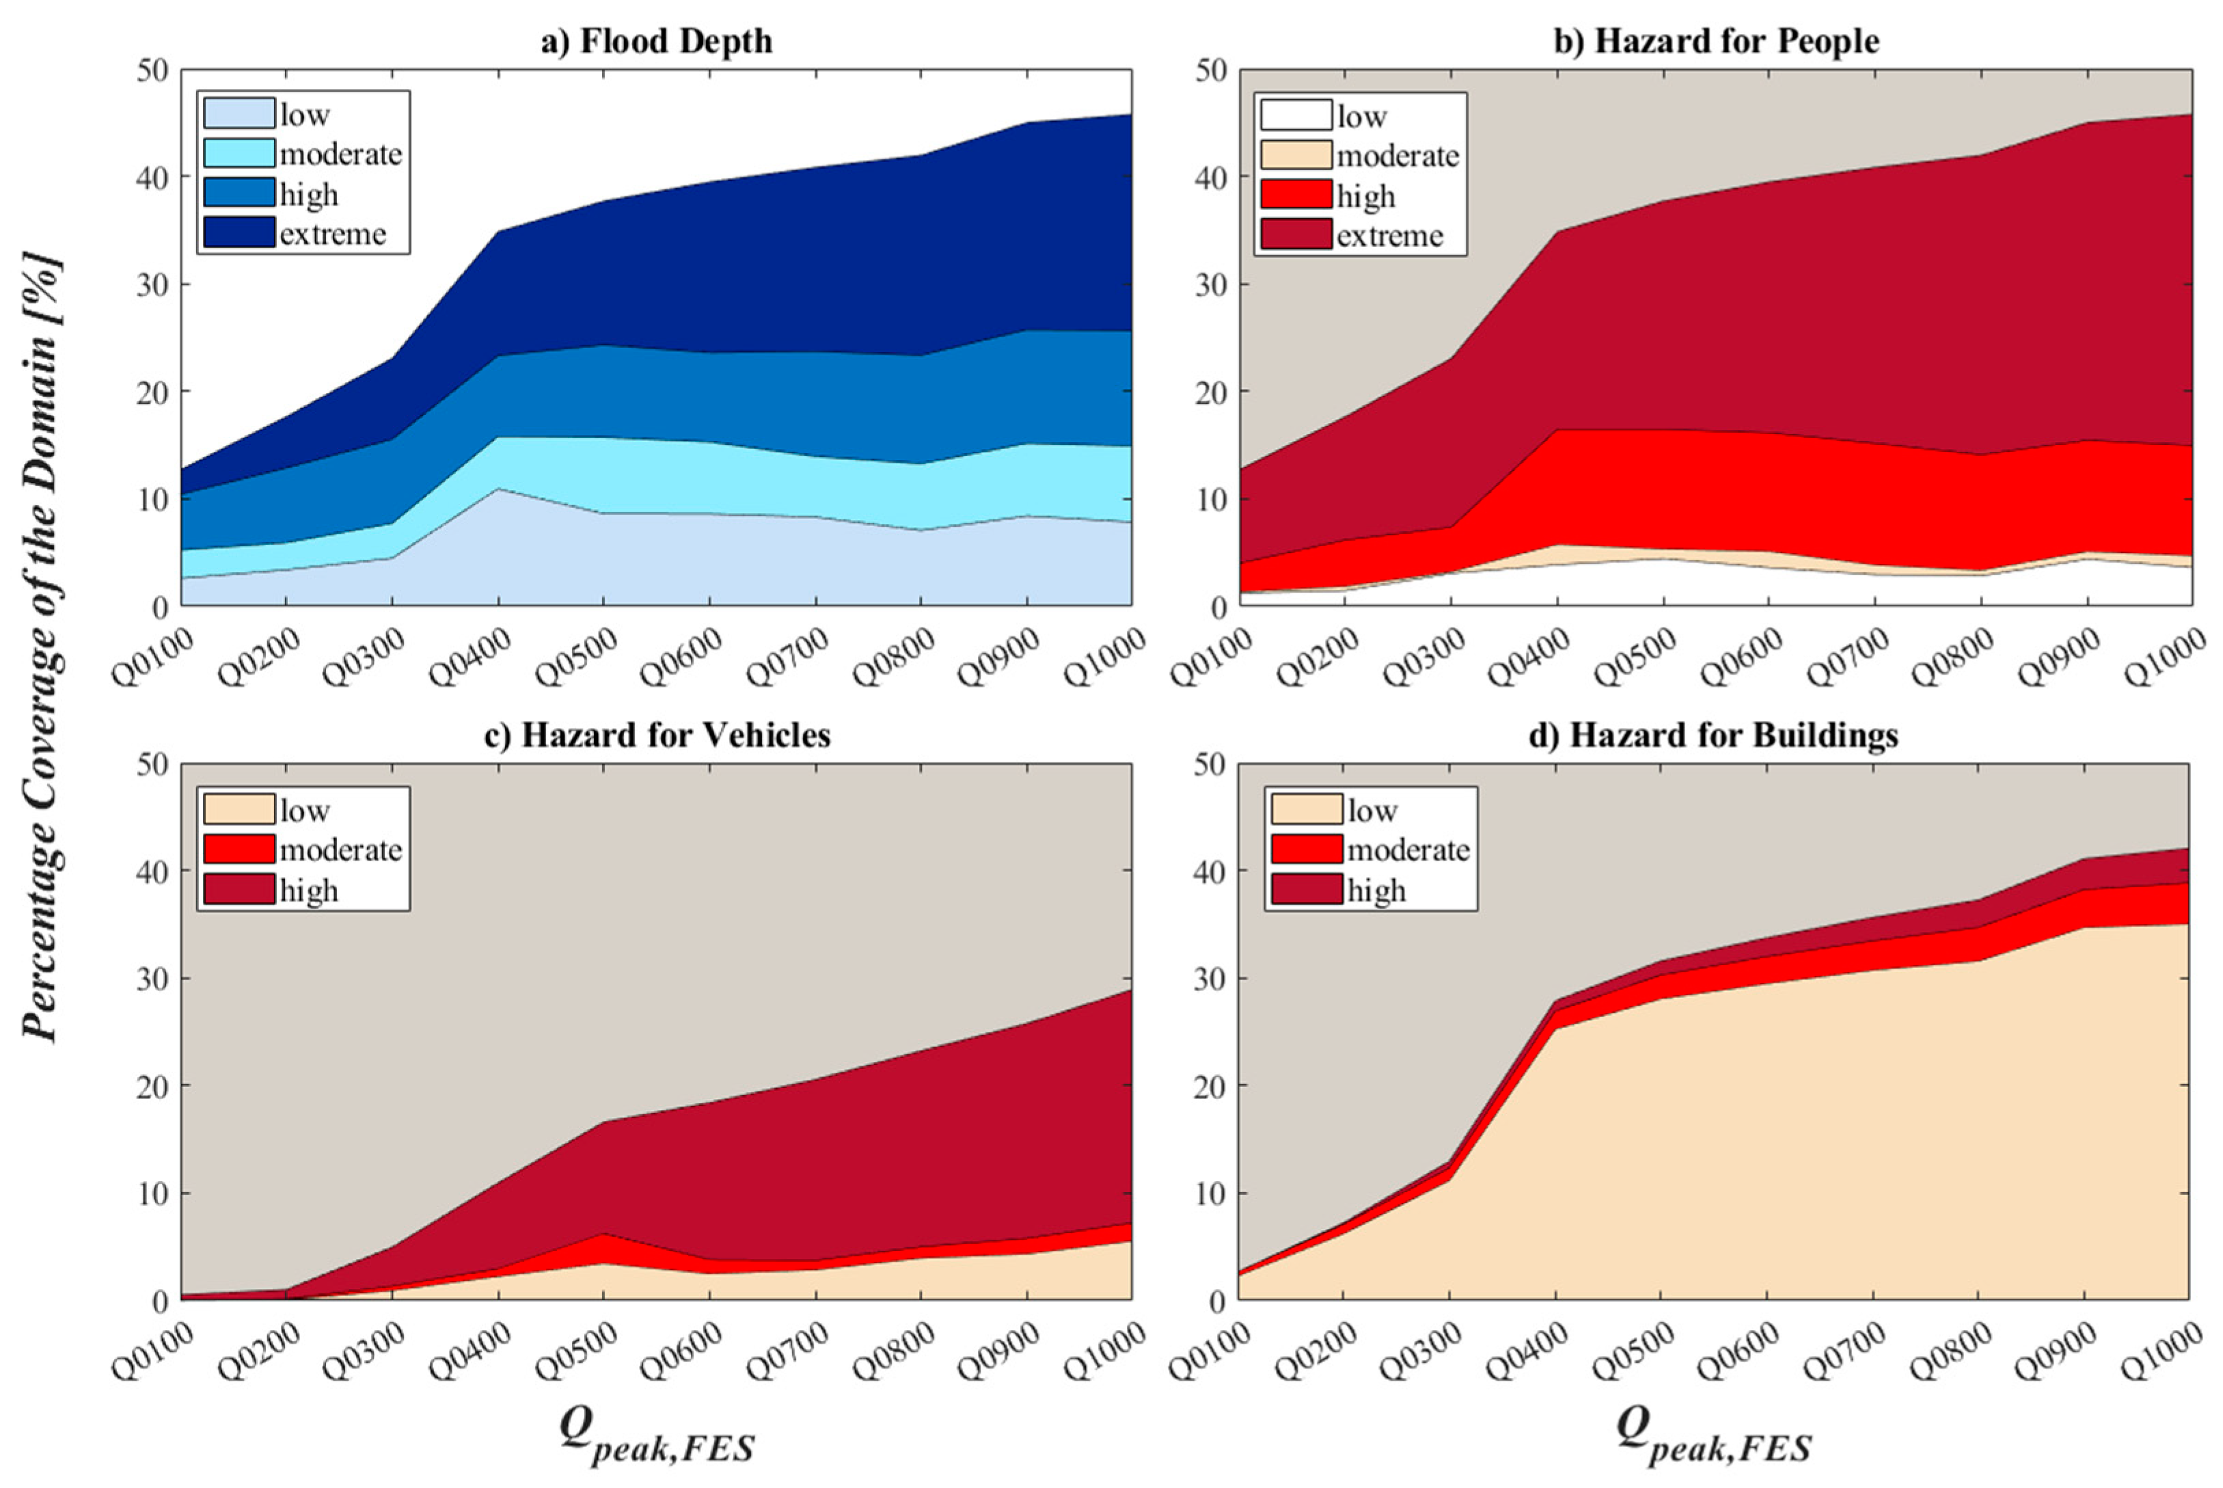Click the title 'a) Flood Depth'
(x=657, y=41)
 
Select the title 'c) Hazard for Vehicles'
(x=657, y=735)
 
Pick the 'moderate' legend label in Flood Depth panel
(x=340, y=154)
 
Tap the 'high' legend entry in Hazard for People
(x=1365, y=195)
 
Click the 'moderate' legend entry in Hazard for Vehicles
(x=340, y=850)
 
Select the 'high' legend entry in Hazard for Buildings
(x=1376, y=890)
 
